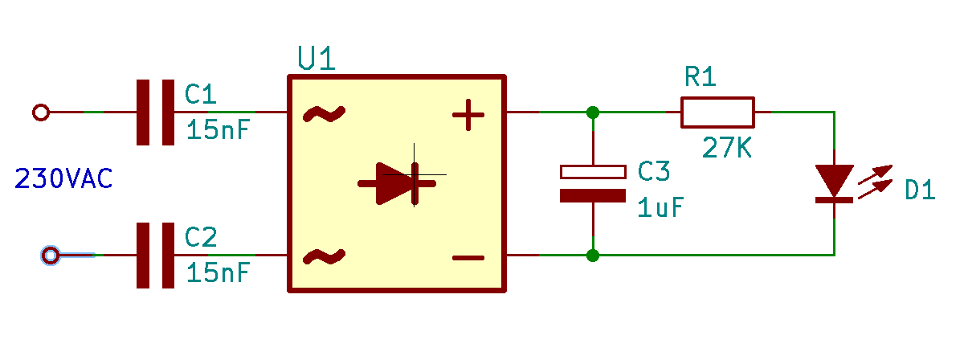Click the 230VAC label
(x=63, y=178)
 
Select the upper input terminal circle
(x=41, y=112)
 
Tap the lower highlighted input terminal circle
(x=51, y=256)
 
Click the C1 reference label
(x=200, y=94)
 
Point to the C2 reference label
(x=200, y=237)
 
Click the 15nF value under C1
(x=219, y=129)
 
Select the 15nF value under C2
(x=219, y=272)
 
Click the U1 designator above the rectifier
(x=317, y=58)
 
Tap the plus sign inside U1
(x=468, y=115)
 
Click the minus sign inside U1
(x=468, y=258)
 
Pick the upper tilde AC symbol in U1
(x=324, y=114)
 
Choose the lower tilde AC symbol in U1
(x=324, y=257)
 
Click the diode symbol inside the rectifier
(x=397, y=184)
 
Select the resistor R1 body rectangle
(x=717, y=112)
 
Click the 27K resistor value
(x=726, y=147)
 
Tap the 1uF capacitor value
(x=660, y=207)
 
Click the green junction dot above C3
(x=593, y=112)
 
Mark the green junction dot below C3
(x=593, y=256)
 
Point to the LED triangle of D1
(x=835, y=181)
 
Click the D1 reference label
(x=920, y=190)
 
